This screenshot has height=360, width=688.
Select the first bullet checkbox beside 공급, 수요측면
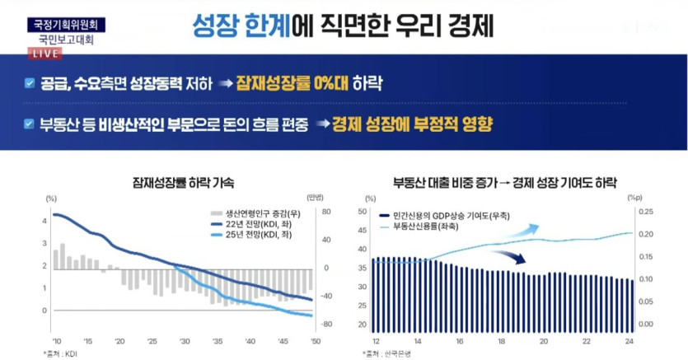[30, 83]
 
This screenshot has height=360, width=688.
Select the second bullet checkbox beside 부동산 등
[30, 125]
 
